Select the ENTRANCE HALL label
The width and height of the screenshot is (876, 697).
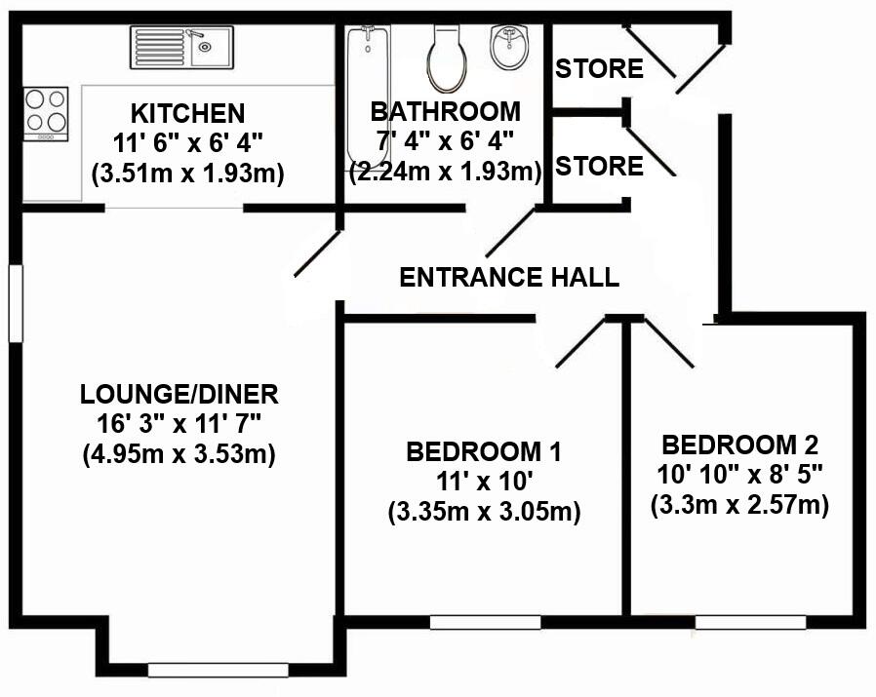coord(509,277)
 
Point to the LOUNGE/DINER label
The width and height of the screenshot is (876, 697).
coord(179,395)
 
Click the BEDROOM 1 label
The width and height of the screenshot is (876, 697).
coord(485,452)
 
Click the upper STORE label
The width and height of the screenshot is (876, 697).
coord(599,69)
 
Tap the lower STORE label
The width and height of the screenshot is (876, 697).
coord(599,167)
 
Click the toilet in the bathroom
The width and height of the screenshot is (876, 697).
coord(447,57)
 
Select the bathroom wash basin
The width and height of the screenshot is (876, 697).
coord(510,47)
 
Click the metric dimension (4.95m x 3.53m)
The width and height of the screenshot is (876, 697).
coord(179,453)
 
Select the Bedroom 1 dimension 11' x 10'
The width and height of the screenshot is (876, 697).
coord(485,482)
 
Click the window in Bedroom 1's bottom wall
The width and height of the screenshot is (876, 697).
coord(485,622)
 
